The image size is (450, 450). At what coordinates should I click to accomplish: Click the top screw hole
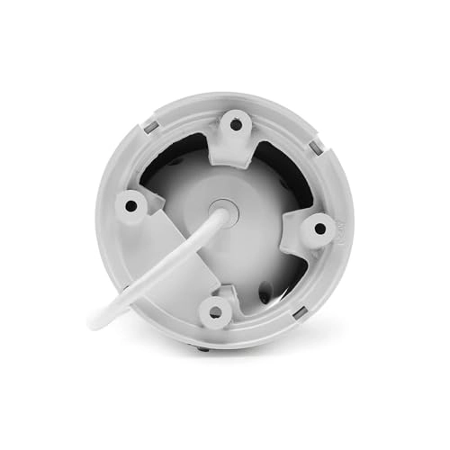tap(237, 124)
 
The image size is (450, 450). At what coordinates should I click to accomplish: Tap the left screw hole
tap(131, 205)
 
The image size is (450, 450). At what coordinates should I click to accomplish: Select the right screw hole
tap(319, 229)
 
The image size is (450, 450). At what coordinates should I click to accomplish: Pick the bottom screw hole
tap(214, 312)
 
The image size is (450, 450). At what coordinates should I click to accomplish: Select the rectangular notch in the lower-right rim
tap(300, 312)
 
